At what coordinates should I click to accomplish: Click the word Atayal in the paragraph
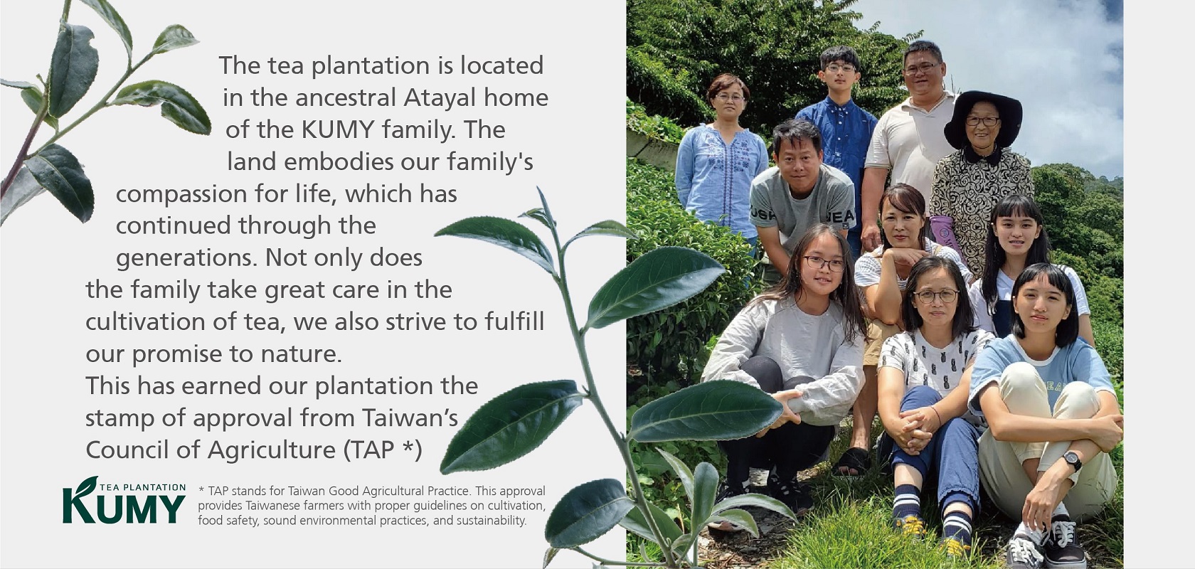coord(440,98)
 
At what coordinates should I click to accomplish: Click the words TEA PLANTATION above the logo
coord(142,487)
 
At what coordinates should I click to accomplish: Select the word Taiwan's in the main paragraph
coord(410,418)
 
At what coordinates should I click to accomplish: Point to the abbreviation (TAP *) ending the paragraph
coord(383,450)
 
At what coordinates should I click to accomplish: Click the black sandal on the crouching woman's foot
coord(852,461)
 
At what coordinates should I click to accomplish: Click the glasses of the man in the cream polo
coord(922,69)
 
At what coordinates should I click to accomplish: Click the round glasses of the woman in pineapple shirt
coord(936,295)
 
